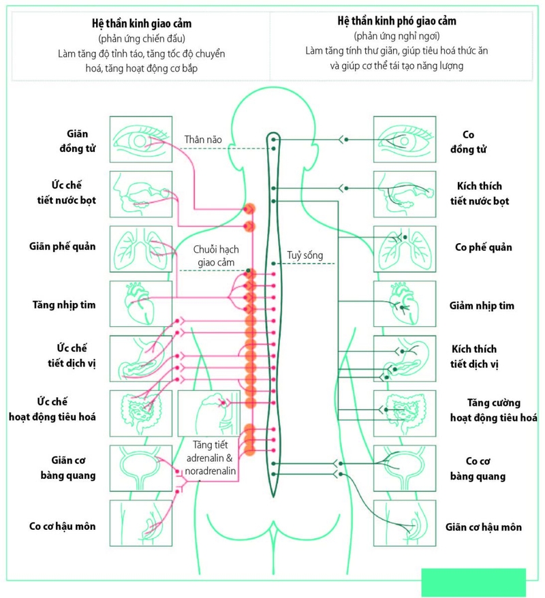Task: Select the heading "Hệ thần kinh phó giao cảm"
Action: pos(396,21)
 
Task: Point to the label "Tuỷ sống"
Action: pos(305,256)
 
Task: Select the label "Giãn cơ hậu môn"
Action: pos(484,526)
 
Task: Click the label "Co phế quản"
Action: pos(484,247)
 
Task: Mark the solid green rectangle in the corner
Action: pos(474,582)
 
